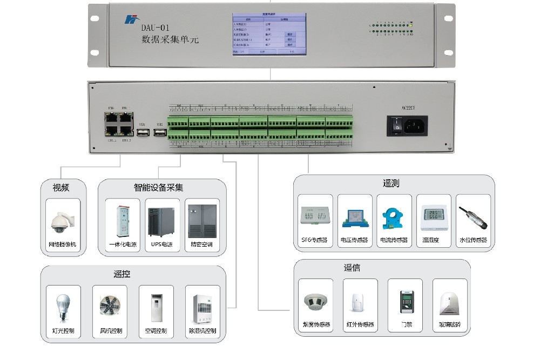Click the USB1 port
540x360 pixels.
tap(143, 132)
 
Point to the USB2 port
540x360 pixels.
tap(160, 132)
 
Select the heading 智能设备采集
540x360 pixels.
tap(158, 188)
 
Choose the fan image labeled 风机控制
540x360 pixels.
tap(109, 307)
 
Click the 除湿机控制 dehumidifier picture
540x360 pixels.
tap(202, 308)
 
